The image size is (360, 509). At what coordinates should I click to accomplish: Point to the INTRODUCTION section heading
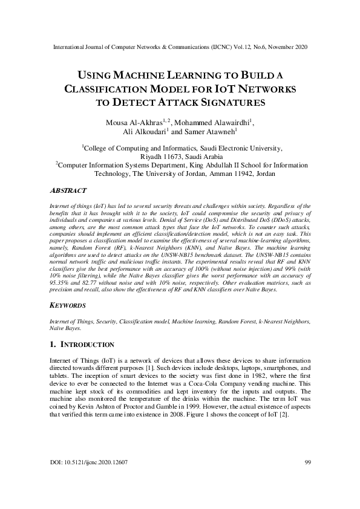click(88, 344)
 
